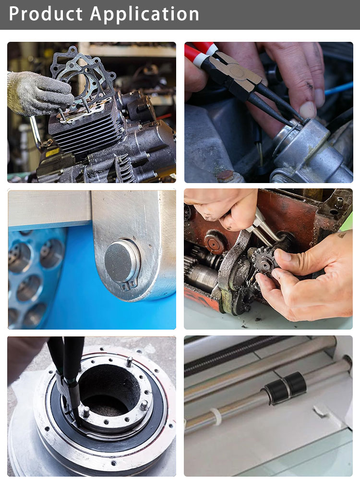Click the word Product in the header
click(x=46, y=14)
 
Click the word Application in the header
click(x=144, y=14)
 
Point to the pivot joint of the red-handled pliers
click(x=236, y=72)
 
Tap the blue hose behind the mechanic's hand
click(x=338, y=88)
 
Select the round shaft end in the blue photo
click(x=121, y=261)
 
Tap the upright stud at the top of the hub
click(x=129, y=361)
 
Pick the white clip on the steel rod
click(x=216, y=417)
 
